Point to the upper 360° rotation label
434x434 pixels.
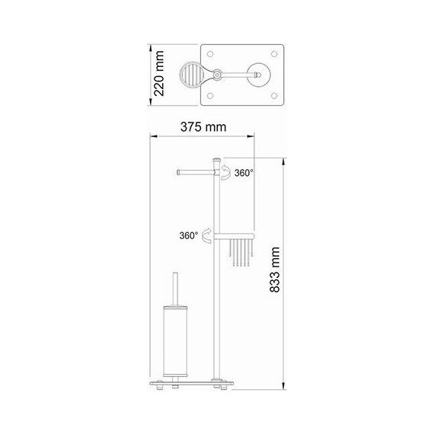(x=244, y=174)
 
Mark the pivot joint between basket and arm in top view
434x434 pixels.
(x=217, y=75)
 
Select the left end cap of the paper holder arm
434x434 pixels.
(x=178, y=173)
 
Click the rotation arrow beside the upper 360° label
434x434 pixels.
(x=226, y=174)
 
